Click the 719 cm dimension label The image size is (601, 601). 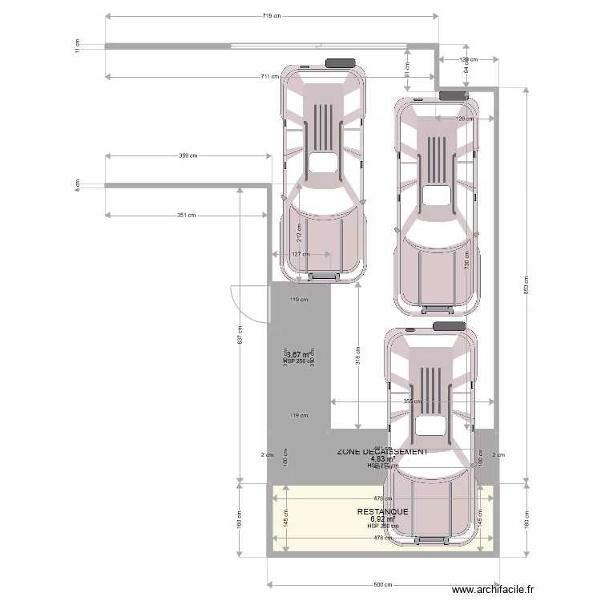[x=271, y=16]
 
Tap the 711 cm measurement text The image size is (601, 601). [x=269, y=77]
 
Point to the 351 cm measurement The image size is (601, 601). [x=187, y=216]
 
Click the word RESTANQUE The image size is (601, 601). [x=382, y=511]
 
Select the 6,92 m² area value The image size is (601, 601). [x=382, y=518]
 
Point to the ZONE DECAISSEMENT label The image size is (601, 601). [x=382, y=451]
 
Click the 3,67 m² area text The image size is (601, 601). [x=300, y=354]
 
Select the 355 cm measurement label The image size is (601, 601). [x=412, y=401]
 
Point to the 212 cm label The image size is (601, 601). [x=300, y=234]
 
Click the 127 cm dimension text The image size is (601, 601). [x=300, y=255]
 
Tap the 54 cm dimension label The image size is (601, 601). [x=466, y=68]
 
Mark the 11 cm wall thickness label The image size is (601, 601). [x=78, y=46]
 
